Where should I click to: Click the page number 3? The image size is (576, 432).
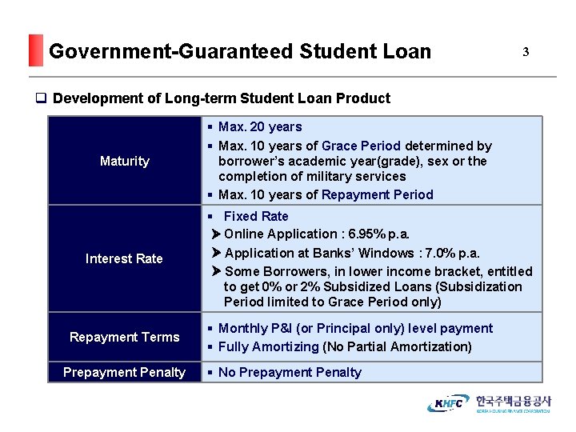click(526, 52)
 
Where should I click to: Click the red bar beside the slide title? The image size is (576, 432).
click(34, 50)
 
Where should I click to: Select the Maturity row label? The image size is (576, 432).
click(124, 161)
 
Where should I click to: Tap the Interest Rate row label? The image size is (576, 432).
click(124, 258)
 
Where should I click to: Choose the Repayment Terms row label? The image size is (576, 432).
click(124, 337)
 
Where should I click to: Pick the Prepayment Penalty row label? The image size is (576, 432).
click(124, 372)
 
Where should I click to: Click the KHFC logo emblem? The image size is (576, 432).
click(449, 403)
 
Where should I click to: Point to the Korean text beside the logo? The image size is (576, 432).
click(513, 402)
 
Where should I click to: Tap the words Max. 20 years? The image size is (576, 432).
click(260, 127)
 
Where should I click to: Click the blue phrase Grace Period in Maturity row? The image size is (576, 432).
click(361, 146)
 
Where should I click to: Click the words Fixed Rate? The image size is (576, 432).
click(256, 216)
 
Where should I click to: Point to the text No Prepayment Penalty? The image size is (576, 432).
click(290, 372)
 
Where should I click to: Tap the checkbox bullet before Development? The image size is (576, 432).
click(40, 98)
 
